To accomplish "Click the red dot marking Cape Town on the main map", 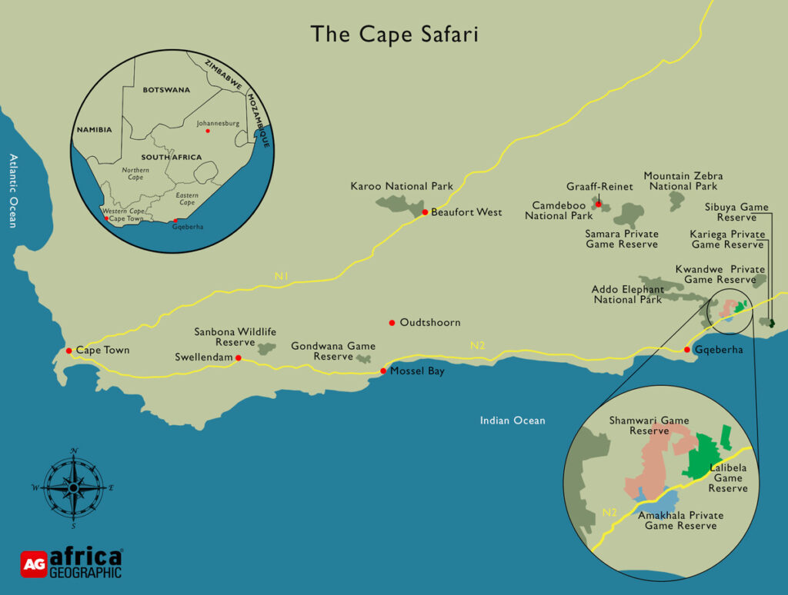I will pyautogui.click(x=69, y=351).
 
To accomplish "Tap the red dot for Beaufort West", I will pyautogui.click(x=425, y=212).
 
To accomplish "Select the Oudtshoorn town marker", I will pyautogui.click(x=392, y=322).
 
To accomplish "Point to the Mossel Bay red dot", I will pyautogui.click(x=383, y=372).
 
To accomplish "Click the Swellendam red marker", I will pyautogui.click(x=239, y=358).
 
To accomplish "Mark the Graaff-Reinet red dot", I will pyautogui.click(x=598, y=204).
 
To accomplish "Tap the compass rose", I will pyautogui.click(x=73, y=487).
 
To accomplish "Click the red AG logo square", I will pyautogui.click(x=34, y=563).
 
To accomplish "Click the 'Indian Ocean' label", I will pyautogui.click(x=513, y=420).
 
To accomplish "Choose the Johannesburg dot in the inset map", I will pyautogui.click(x=208, y=131).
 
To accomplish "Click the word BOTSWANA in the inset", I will pyautogui.click(x=165, y=90).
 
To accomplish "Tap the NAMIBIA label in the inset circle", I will pyautogui.click(x=94, y=130).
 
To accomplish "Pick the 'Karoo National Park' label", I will pyautogui.click(x=402, y=186).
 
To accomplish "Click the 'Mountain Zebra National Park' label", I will pyautogui.click(x=683, y=181).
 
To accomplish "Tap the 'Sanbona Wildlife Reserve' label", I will pyautogui.click(x=235, y=337).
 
